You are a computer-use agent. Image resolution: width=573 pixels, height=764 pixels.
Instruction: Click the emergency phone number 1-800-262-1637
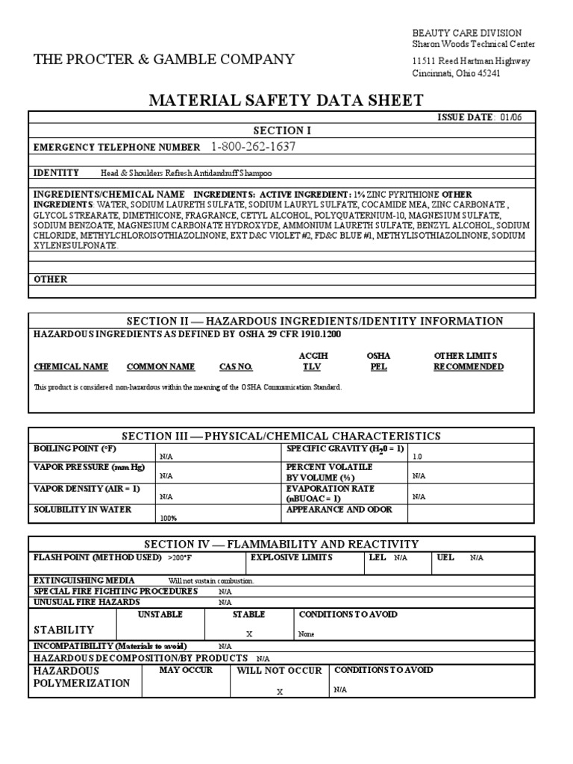[x=253, y=147]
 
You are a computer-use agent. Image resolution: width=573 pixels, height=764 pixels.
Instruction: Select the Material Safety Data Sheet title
[x=287, y=101]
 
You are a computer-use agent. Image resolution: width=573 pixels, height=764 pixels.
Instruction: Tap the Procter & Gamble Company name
[x=164, y=60]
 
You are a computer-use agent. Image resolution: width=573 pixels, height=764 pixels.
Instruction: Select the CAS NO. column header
[x=236, y=367]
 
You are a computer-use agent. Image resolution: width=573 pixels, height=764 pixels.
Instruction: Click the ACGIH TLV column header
[x=313, y=362]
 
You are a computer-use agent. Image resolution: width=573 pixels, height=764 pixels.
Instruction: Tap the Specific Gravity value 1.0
[x=417, y=456]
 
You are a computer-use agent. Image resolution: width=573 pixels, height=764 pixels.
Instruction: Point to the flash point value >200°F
[x=181, y=557]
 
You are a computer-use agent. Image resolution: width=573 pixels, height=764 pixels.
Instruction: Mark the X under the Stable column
[x=249, y=634]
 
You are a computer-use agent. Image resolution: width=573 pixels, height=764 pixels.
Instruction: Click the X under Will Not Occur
[x=280, y=692]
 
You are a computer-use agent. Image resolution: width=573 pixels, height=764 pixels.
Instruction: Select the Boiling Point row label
[x=75, y=448]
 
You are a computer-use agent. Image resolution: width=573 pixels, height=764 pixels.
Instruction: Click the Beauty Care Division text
[x=467, y=33]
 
